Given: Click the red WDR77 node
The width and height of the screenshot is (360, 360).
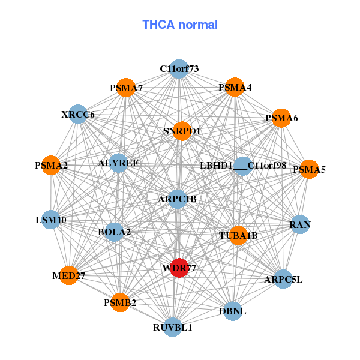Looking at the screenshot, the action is pos(179,268).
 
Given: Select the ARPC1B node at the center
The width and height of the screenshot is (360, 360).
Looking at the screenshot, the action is pos(178,199).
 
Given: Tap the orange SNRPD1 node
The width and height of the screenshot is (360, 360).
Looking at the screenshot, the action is pos(182,131).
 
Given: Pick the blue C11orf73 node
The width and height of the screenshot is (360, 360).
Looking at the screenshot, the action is pos(179,69).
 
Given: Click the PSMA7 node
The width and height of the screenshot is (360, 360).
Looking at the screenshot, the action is pos(126,88).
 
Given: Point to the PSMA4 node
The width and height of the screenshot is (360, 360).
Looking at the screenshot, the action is pos(235,88).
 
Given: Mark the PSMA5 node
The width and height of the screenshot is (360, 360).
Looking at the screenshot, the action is pos(308,169).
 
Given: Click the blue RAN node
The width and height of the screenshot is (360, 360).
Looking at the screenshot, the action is pos(300,224).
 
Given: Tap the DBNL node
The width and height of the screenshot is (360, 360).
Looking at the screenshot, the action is pos(233,311).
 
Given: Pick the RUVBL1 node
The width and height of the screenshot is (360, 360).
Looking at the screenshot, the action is pos(173,327).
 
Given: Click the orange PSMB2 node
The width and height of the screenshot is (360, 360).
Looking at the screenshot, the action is pos(121,302).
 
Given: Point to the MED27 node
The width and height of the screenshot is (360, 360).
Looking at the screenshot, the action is pos(69,275).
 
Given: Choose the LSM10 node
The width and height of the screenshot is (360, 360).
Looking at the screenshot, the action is pos(51,220).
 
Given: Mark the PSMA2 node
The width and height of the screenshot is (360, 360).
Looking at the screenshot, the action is pos(52,165).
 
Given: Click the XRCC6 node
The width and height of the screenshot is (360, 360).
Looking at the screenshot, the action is pos(78,114).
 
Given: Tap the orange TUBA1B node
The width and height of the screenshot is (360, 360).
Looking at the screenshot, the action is pos(238,235).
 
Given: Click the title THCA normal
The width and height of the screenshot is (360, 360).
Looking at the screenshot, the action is pos(180,25).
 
